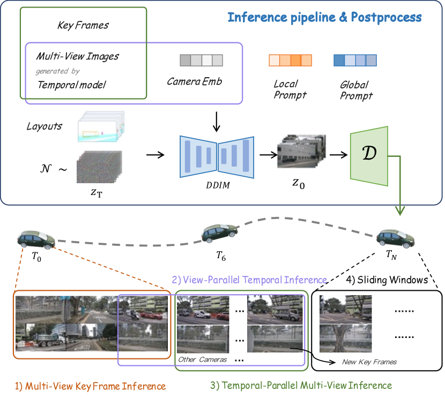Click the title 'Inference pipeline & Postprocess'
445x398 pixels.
[324, 17]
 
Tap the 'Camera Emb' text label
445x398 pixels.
[194, 81]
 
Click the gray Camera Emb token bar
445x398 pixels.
[201, 59]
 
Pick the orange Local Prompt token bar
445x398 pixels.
[290, 59]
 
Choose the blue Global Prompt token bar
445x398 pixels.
[354, 59]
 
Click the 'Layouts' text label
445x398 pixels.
[44, 126]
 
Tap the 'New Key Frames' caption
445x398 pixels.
[369, 362]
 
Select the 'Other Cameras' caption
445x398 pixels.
[203, 359]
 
